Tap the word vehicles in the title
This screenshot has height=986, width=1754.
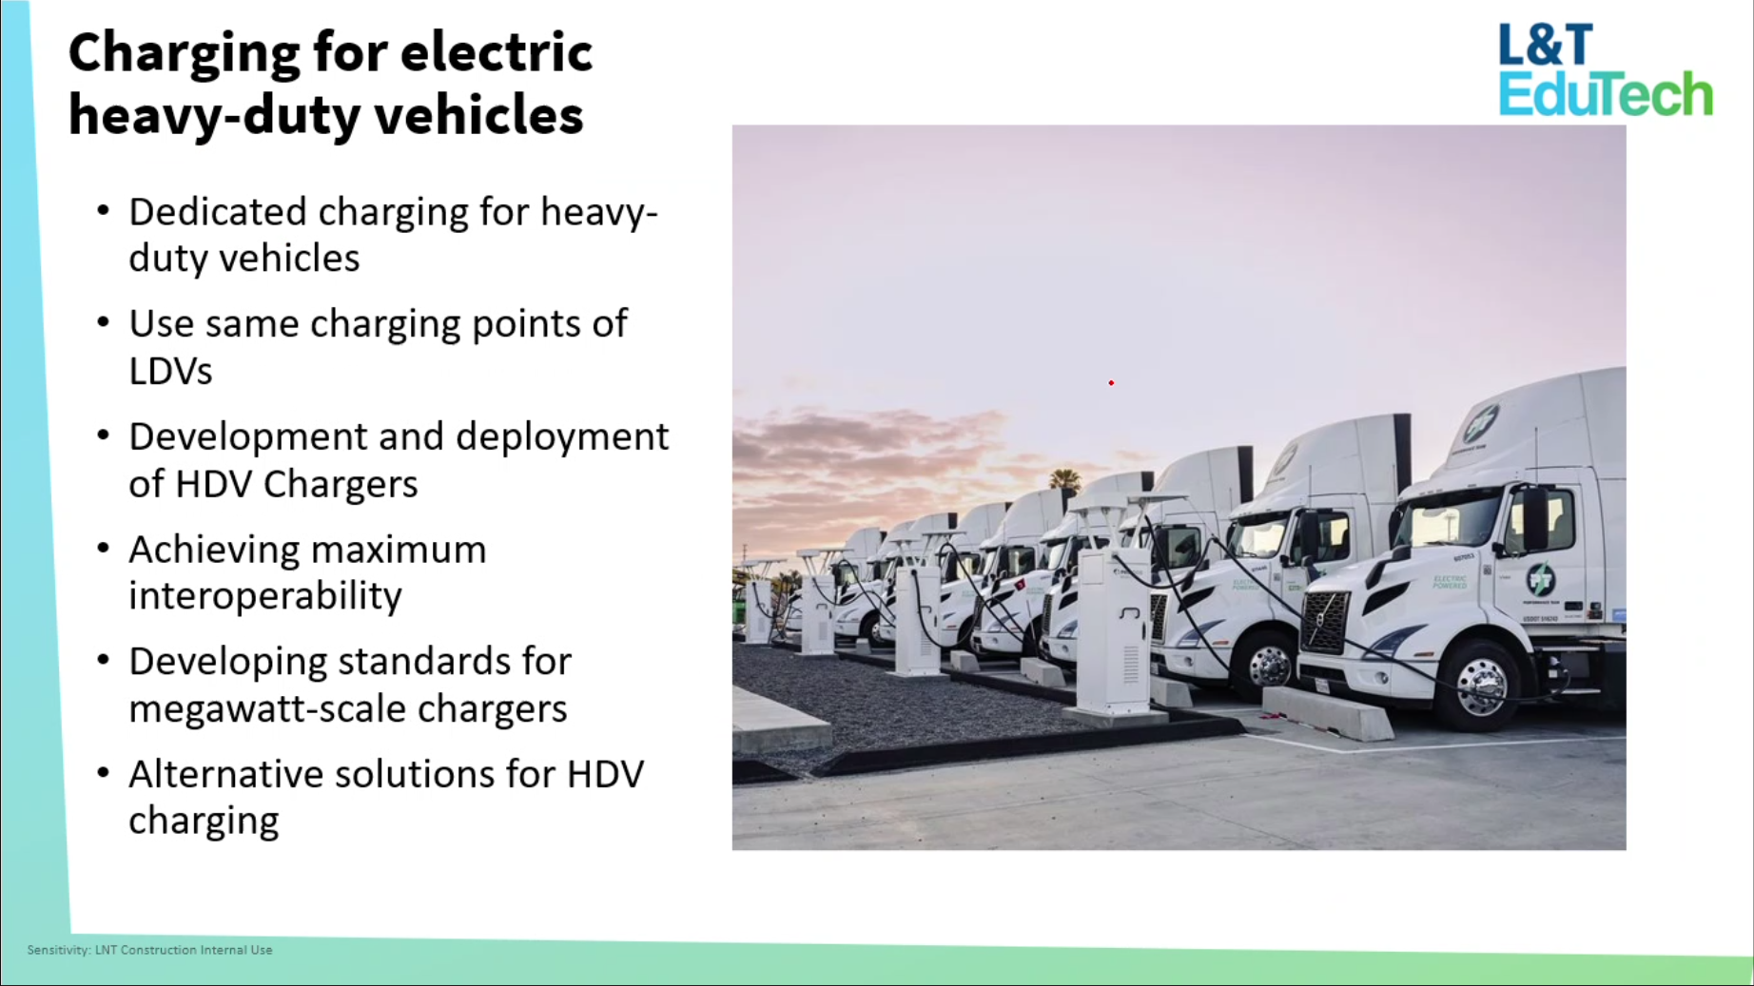coord(478,115)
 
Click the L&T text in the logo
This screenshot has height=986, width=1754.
coord(1546,46)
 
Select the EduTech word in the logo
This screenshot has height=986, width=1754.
coord(1606,93)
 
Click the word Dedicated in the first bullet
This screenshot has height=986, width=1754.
coord(218,211)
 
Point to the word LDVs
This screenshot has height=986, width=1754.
coord(170,371)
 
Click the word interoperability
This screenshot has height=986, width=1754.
coord(265,596)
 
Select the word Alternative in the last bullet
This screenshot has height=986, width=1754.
coord(219,774)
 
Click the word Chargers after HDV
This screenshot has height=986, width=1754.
coord(340,485)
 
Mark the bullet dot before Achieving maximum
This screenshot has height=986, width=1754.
coord(103,548)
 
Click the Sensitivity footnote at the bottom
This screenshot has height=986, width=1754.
coord(149,950)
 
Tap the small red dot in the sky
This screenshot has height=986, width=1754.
coord(1111,383)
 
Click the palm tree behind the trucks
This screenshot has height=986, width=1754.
coord(1064,478)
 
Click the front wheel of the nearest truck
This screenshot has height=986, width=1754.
coord(1480,682)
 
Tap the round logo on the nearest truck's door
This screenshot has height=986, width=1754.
coord(1540,579)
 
